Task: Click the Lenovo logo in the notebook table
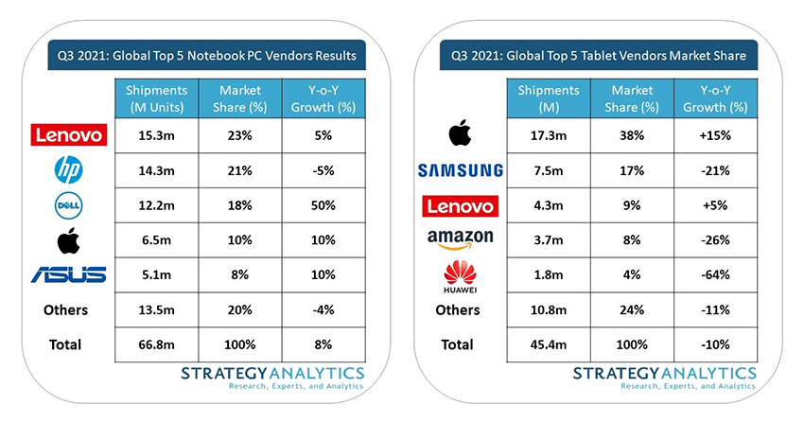[x=67, y=135]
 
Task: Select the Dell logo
[x=67, y=204]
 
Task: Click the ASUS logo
[x=67, y=274]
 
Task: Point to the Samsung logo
[x=460, y=170]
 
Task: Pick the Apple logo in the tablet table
[x=460, y=133]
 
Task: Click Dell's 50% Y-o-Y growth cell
[x=321, y=205]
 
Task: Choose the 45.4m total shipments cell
[x=545, y=344]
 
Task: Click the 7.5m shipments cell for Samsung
[x=545, y=170]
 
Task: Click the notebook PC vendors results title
[x=207, y=56]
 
